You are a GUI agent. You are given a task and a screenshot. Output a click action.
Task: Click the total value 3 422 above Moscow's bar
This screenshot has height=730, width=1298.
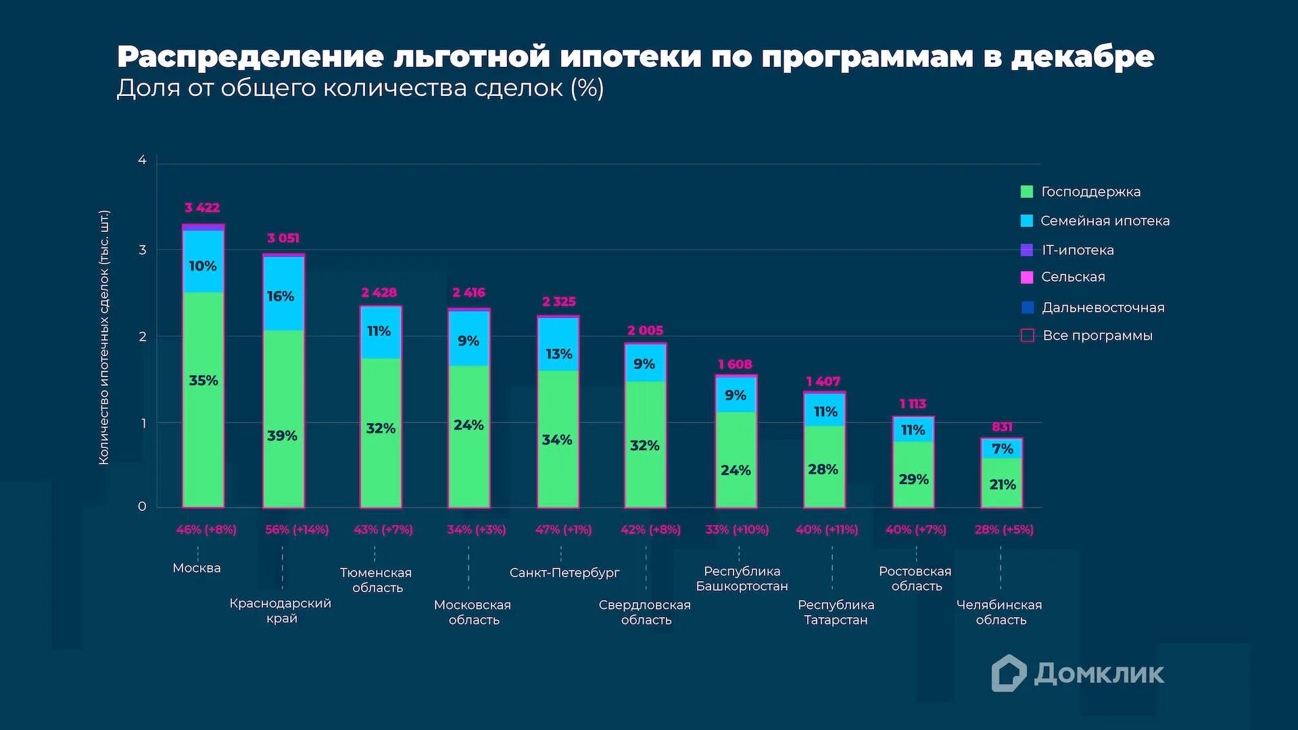coord(202,208)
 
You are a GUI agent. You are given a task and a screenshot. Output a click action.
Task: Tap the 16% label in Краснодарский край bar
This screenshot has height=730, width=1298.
coord(281,296)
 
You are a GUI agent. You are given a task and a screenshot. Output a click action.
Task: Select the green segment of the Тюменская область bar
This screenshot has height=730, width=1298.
coord(381,433)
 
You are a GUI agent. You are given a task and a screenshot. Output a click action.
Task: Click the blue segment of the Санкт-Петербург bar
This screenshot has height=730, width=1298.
coord(558,343)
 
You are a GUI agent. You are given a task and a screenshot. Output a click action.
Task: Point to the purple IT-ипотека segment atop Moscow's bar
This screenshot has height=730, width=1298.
coord(203,227)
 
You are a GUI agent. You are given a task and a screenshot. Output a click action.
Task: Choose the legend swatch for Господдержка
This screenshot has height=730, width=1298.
coord(1027,192)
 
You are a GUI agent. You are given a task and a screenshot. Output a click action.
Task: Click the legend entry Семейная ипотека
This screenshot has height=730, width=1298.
coord(1105,221)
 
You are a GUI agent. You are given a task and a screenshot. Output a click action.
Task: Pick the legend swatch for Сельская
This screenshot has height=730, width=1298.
coord(1027,277)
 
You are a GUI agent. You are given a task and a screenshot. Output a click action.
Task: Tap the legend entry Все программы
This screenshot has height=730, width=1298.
coord(1097,336)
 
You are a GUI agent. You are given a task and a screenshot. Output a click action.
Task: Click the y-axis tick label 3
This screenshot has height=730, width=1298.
coord(142,250)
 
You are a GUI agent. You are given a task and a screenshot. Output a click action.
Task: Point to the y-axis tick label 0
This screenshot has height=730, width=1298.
coord(142,506)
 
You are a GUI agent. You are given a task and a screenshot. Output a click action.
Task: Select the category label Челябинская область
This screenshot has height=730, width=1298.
coord(1000,612)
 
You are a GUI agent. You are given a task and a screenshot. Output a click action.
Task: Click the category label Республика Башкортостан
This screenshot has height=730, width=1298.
coord(742,579)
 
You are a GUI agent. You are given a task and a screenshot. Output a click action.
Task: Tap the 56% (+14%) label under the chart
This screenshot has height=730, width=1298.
coord(297,530)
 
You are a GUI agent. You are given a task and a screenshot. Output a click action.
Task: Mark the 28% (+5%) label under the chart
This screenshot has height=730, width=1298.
coord(1004,530)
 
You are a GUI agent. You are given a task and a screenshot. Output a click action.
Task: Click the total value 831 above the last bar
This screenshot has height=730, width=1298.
coord(1002,427)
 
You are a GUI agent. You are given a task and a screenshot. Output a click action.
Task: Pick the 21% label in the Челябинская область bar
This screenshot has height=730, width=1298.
coord(1003,485)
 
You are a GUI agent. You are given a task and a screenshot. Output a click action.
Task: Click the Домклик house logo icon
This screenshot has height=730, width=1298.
coord(1009,673)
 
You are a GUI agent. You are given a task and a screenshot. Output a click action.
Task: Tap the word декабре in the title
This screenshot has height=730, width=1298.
coord(1083,57)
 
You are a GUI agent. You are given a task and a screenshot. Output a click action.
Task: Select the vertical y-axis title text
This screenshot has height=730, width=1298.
coord(103,338)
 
